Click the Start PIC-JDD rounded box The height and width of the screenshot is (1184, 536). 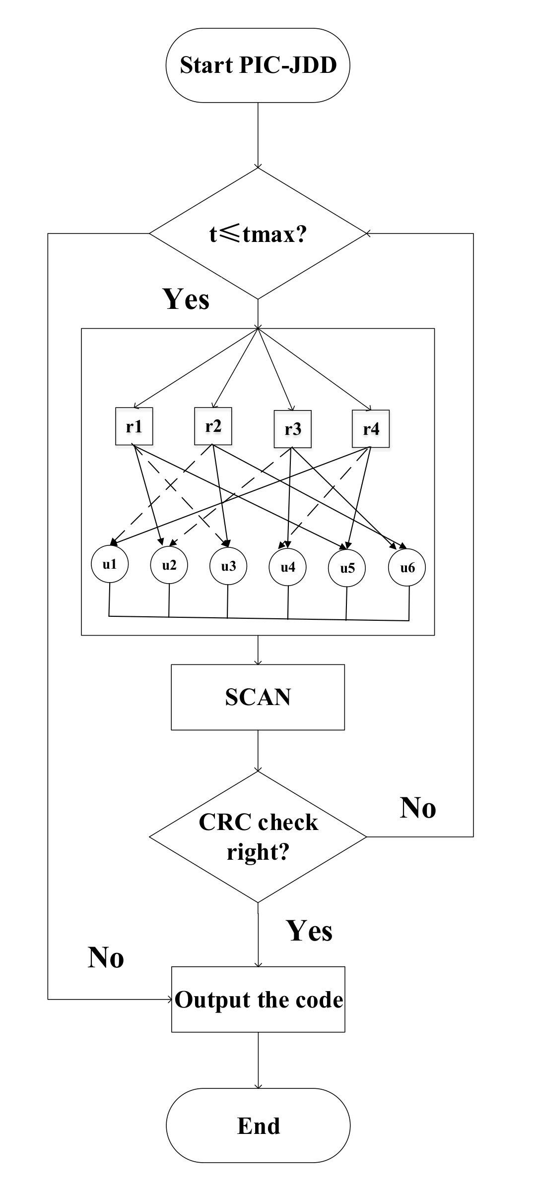tap(258, 65)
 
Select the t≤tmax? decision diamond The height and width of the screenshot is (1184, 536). tap(258, 234)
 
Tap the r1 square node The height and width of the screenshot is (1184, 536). tap(134, 426)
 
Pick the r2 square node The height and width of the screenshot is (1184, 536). tap(213, 426)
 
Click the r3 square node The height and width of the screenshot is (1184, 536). tap(293, 429)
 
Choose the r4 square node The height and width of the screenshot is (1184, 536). tap(371, 428)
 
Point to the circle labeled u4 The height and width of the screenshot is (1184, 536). tap(288, 567)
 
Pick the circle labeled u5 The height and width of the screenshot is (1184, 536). tap(347, 568)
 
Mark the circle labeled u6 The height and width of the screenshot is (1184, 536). tap(407, 568)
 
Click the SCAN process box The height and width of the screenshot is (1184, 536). tap(258, 697)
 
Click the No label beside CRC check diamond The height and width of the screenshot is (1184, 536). tap(418, 808)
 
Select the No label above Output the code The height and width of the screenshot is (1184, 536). tap(106, 957)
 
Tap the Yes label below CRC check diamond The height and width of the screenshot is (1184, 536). tap(309, 930)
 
